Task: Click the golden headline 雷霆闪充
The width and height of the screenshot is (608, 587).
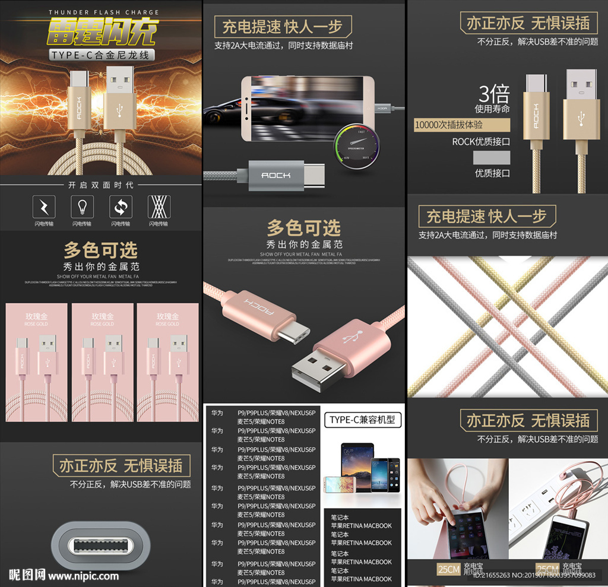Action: point(101,32)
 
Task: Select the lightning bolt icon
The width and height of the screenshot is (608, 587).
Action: point(43,207)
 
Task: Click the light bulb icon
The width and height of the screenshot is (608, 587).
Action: point(82,207)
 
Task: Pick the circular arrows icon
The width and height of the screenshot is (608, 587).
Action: point(121,207)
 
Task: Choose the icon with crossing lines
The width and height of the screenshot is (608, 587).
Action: point(159,207)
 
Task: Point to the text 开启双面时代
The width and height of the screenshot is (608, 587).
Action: point(101,185)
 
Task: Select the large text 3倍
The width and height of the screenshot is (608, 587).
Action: point(494,94)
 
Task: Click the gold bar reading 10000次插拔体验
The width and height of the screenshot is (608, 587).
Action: point(461,125)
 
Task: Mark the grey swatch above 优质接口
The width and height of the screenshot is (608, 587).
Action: point(491,157)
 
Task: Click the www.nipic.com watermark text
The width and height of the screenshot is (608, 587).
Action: point(83,576)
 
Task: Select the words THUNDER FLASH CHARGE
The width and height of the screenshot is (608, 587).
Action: point(103,12)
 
